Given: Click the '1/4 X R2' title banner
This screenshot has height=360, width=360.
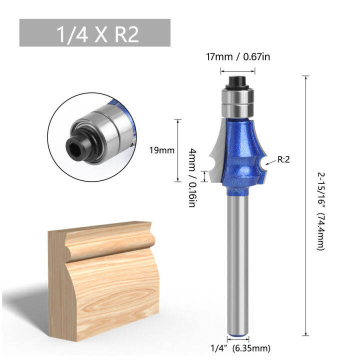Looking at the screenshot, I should pyautogui.click(x=95, y=33).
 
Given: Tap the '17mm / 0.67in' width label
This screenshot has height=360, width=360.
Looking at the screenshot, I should pyautogui.click(x=238, y=57).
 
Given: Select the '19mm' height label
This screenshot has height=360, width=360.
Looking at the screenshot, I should pyautogui.click(x=158, y=149).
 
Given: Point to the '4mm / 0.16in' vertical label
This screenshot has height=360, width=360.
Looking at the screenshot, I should pyautogui.click(x=192, y=177).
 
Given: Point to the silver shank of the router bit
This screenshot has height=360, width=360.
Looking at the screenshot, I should pyautogui.click(x=237, y=260).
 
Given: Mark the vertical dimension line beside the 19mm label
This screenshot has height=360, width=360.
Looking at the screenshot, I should pyautogui.click(x=177, y=149).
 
